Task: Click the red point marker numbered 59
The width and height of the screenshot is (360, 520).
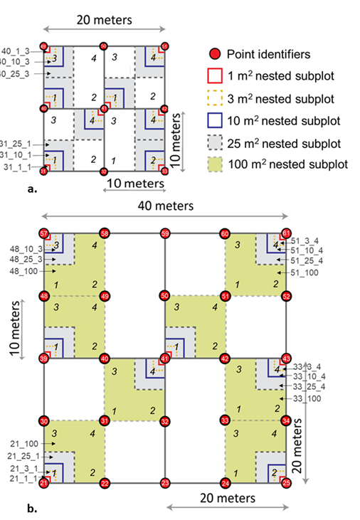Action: point(165,233)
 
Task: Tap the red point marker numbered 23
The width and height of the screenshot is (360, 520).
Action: point(165,484)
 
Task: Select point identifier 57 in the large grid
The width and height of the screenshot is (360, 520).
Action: point(44,233)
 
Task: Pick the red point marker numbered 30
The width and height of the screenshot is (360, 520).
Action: point(44,421)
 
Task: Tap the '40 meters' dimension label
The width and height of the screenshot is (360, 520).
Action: point(165,206)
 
